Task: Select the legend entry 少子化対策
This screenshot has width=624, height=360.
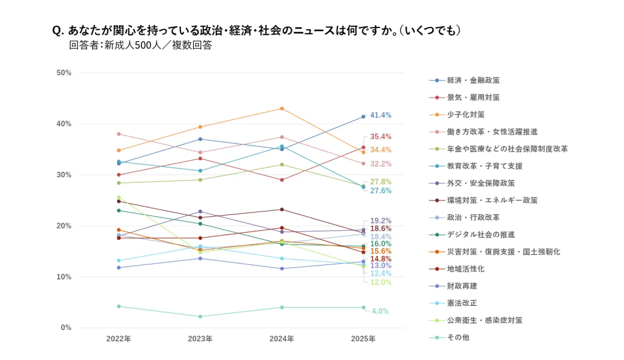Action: point(465,115)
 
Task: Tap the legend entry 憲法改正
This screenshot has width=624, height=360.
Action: point(461,303)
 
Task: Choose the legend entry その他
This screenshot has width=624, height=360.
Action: point(458,337)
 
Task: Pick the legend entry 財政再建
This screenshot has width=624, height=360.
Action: point(461,286)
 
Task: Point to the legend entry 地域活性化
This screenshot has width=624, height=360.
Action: point(465,269)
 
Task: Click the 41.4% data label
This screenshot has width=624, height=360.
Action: point(380,115)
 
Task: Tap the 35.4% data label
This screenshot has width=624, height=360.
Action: point(380,136)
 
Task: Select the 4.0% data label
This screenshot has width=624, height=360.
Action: point(380,311)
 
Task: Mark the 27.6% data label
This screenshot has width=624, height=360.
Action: point(380,191)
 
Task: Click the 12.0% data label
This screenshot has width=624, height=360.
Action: point(380,283)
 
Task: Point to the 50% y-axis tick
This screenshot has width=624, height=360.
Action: point(64,73)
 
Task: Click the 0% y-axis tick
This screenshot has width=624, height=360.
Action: point(66,328)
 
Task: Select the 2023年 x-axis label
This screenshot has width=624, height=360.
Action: point(200,339)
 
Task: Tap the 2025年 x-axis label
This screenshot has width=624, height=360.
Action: point(363,339)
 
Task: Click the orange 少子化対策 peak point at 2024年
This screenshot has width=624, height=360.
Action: point(282,108)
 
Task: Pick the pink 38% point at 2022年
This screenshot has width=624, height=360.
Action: point(119,134)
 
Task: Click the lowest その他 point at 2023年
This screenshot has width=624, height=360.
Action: point(200,317)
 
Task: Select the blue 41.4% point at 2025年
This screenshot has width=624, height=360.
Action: point(363,116)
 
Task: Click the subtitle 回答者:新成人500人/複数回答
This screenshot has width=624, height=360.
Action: point(141,45)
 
